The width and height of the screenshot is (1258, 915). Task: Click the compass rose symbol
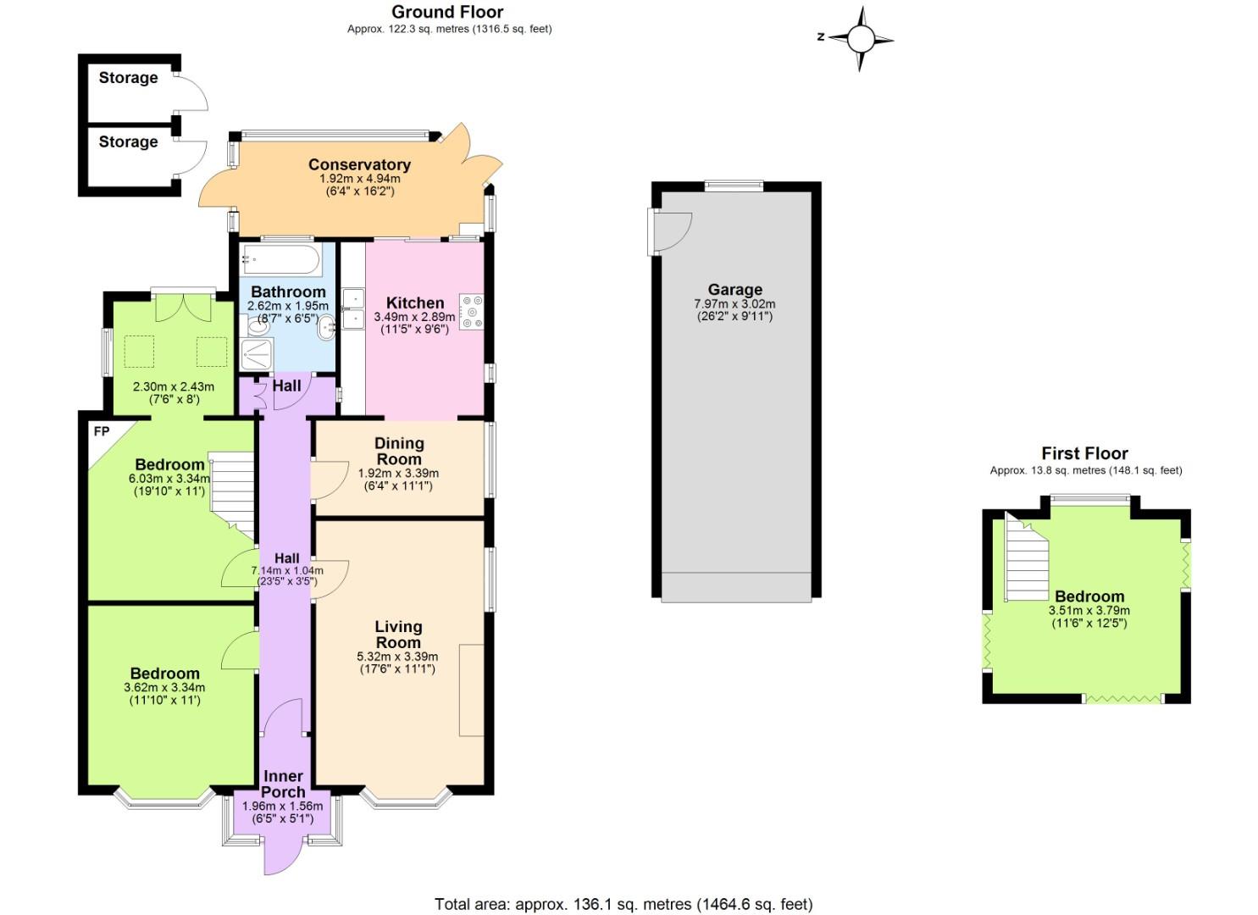click(860, 38)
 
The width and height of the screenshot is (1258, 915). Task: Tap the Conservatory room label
click(359, 164)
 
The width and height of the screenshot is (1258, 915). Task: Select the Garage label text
click(734, 290)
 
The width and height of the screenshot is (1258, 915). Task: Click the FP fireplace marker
click(101, 432)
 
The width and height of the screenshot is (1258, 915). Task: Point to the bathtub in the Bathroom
click(280, 259)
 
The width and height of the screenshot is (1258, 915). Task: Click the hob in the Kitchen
click(471, 312)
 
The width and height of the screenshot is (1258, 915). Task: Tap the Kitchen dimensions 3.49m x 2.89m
click(414, 318)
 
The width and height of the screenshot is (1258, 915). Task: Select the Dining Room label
click(399, 451)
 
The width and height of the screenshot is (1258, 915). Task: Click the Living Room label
click(398, 635)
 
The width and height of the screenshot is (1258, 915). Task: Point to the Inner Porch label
click(283, 784)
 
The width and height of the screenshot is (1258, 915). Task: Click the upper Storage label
click(128, 78)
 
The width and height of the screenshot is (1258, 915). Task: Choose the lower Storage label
click(128, 141)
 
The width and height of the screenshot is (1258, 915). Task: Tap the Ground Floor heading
click(447, 12)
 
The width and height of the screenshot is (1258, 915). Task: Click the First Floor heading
click(1084, 453)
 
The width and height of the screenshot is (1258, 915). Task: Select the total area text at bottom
click(623, 904)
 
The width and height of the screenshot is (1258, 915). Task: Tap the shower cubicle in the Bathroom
click(257, 354)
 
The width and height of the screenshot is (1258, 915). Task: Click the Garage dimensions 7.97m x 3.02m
click(734, 303)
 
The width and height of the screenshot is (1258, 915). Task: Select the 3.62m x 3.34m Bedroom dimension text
click(164, 687)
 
